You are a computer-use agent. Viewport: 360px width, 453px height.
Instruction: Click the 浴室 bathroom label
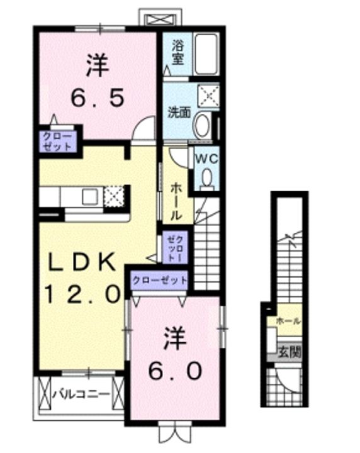pos(178,52)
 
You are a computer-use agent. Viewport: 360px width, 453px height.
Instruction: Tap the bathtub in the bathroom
pos(206,53)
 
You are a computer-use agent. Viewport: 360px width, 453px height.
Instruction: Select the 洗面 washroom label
pos(179,113)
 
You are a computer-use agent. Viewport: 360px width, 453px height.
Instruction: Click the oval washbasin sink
pos(201,126)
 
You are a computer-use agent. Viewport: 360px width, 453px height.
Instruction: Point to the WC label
pos(206,159)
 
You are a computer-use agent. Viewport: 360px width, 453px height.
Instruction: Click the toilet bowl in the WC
pos(206,179)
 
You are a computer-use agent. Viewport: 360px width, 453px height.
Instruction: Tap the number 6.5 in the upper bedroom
pos(98,97)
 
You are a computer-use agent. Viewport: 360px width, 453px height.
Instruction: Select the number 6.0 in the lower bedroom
pos(175,371)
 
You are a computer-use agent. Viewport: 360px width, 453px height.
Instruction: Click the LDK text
pos(81,262)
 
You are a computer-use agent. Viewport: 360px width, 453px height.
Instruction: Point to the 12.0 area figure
pos(82,294)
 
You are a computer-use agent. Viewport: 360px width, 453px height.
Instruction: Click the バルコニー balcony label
pos(81,393)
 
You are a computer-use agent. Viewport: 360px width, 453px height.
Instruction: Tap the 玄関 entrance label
pos(290,352)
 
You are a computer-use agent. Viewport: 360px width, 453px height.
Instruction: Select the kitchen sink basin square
pos(90,196)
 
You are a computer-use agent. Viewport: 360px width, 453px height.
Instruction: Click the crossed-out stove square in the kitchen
pos(113,196)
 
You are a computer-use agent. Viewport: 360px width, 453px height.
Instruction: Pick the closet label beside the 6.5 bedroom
pos(57,142)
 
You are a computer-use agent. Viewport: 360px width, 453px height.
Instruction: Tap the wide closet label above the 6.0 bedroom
pos(159,280)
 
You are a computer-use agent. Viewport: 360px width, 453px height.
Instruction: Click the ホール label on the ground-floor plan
pos(288,321)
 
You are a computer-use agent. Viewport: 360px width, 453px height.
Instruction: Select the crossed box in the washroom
pos(208,95)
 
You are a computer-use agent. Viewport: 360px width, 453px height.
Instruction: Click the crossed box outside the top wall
pos(160,19)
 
